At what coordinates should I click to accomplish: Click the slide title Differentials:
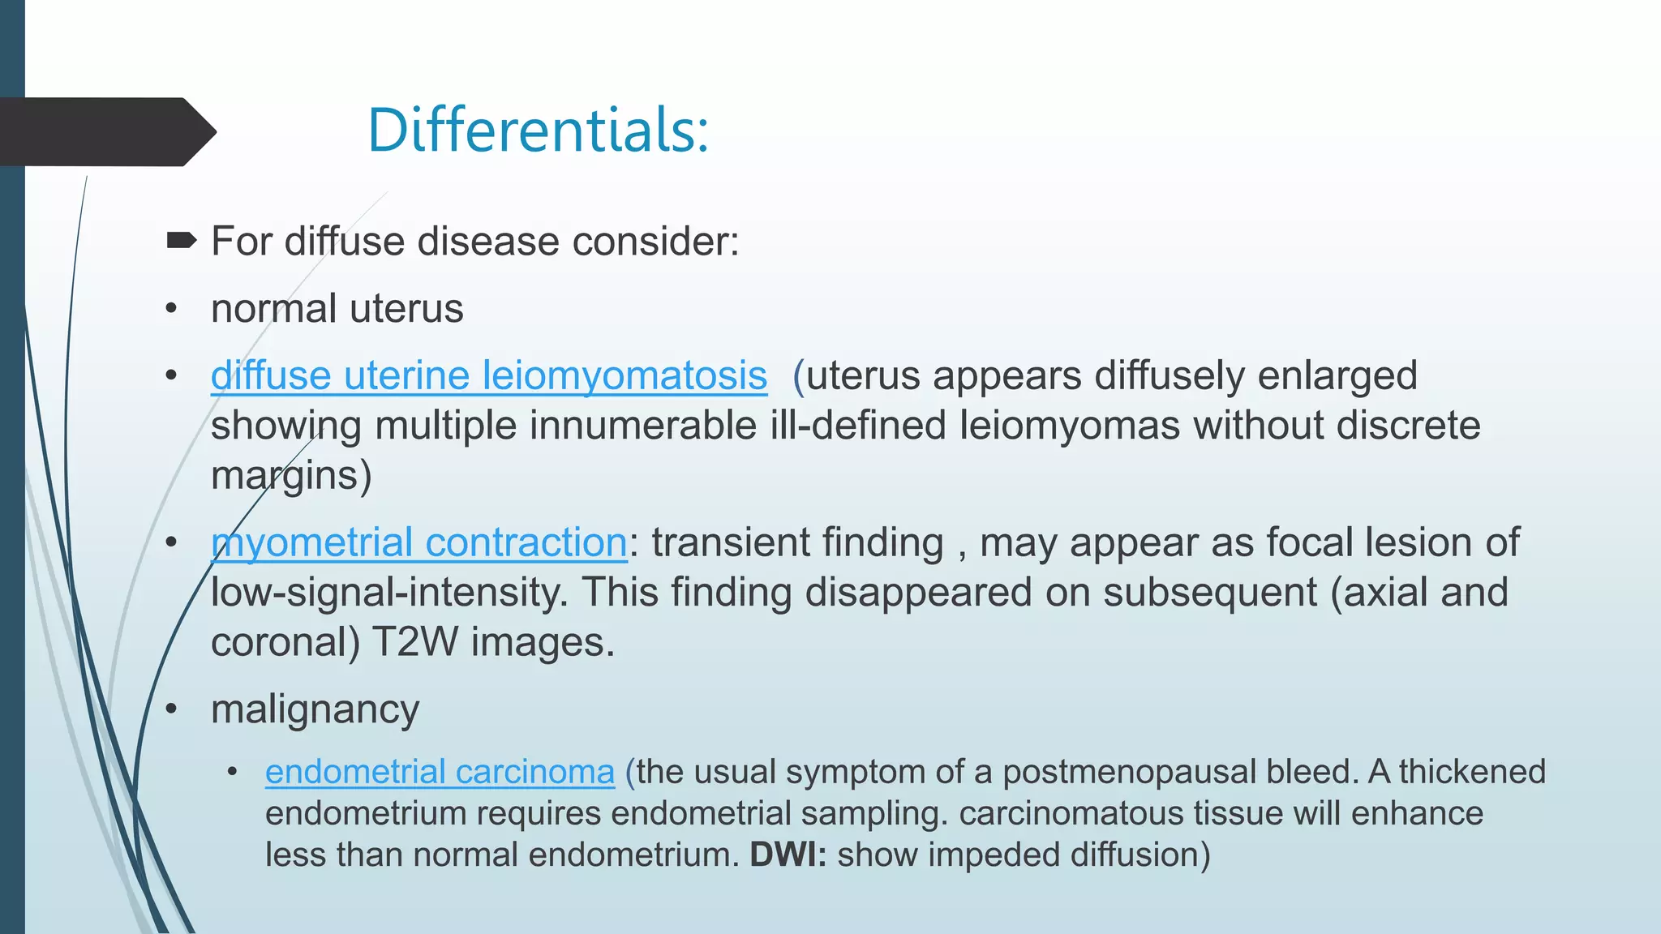point(538,130)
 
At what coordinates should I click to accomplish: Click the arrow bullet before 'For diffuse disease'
point(181,240)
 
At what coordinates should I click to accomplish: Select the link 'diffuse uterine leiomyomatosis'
point(488,375)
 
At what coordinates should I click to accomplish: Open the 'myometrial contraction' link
point(418,542)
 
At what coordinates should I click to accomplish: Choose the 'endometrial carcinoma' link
point(440,772)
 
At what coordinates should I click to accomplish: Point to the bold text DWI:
point(788,855)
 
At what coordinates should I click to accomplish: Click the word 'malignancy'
point(315,709)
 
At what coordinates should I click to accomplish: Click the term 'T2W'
point(414,642)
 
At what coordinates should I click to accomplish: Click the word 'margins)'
point(291,476)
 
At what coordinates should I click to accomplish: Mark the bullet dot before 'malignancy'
point(171,709)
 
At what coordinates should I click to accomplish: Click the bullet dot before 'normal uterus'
point(171,309)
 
